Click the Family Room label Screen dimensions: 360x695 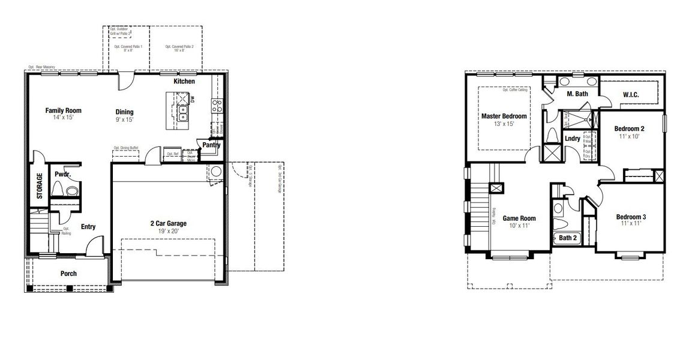point(63,110)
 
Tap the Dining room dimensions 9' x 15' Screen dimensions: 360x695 point(124,119)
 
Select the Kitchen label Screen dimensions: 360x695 point(184,81)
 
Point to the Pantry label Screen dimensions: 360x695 point(211,145)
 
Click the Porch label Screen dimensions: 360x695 point(68,274)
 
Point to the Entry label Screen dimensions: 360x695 point(88,227)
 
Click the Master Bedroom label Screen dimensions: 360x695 point(504,116)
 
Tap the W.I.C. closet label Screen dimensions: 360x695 point(630,94)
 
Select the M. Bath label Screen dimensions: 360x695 point(577,94)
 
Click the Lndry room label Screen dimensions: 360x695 point(573,139)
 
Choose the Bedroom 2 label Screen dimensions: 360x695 point(629,128)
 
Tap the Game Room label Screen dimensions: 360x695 point(519,218)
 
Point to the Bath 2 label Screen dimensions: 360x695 point(568,238)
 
